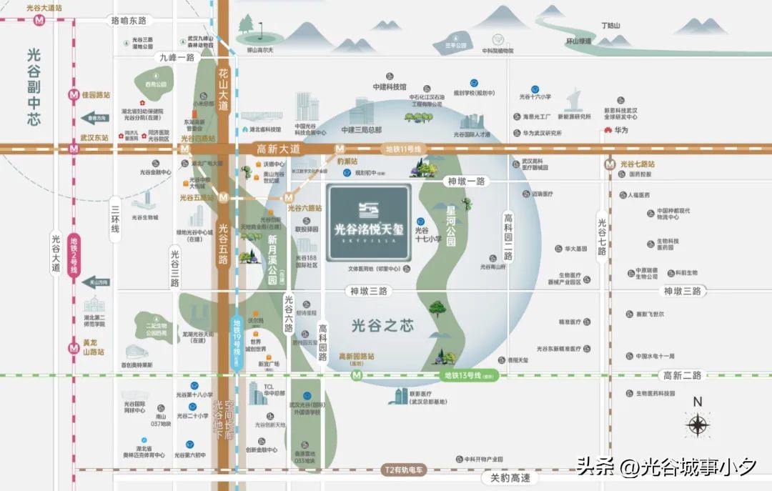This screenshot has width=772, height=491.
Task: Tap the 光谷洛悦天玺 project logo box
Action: [x=369, y=223]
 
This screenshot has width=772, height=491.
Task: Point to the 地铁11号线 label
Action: [x=405, y=149]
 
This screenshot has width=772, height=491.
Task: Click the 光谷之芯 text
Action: [x=383, y=325]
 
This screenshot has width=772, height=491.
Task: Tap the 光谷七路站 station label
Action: [x=637, y=164]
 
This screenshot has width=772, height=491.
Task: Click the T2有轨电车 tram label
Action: [x=404, y=470]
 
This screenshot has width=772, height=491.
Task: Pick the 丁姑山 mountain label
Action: [x=610, y=26]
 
